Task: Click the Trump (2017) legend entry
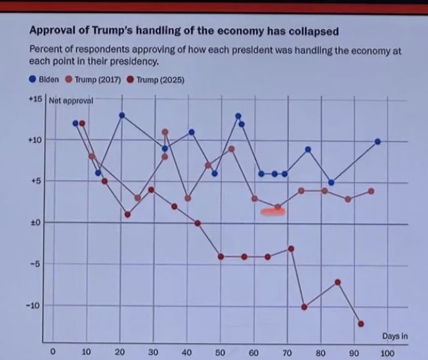(92, 79)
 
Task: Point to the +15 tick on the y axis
(35, 99)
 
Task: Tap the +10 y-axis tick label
(35, 140)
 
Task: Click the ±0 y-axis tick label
(36, 223)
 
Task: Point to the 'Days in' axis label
(395, 336)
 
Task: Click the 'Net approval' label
(72, 100)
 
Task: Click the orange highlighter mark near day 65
(272, 212)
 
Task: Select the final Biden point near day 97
(377, 142)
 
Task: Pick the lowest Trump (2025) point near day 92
(361, 323)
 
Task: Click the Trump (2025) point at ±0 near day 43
(198, 224)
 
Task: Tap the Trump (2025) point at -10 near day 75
(305, 307)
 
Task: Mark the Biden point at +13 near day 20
(121, 115)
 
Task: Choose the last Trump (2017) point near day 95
(372, 191)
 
